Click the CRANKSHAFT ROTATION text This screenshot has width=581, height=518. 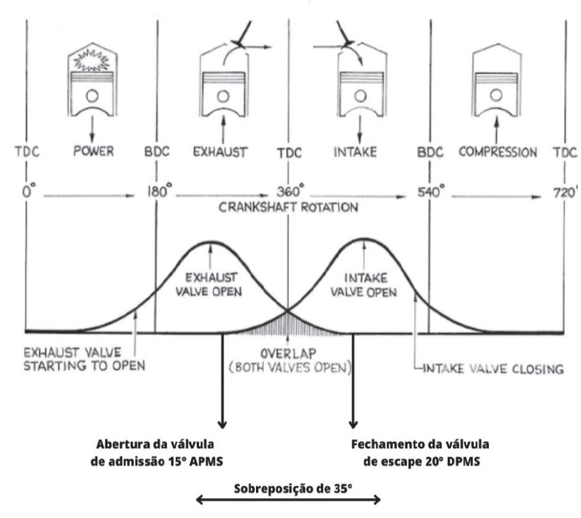click(x=288, y=208)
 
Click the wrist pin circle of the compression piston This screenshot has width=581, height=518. click(x=496, y=95)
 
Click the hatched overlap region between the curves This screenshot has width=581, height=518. click(x=288, y=322)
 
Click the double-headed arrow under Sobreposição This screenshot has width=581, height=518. click(x=288, y=500)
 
